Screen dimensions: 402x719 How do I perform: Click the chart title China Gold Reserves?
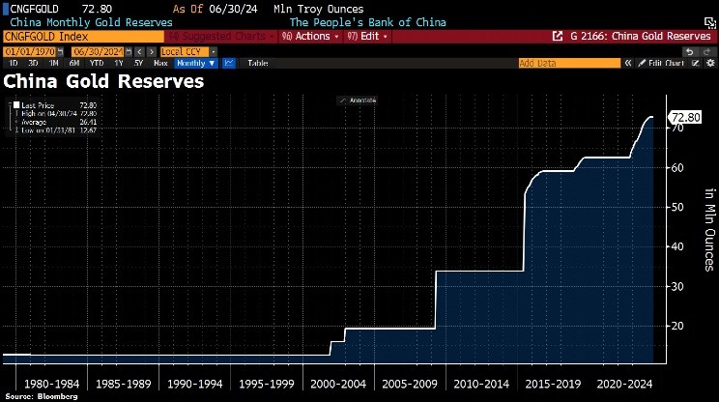(x=104, y=81)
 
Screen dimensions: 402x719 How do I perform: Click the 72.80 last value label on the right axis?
(x=685, y=117)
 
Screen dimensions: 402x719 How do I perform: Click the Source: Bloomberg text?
(x=40, y=395)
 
